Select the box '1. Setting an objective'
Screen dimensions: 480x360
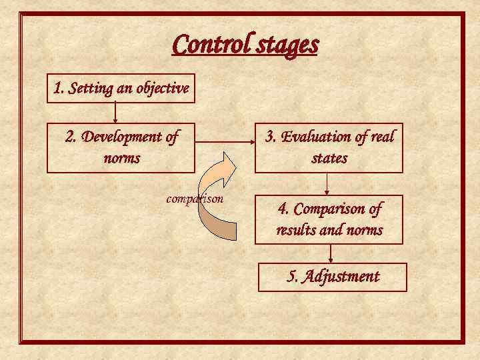tap(121, 88)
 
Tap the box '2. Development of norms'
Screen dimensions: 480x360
tap(121, 147)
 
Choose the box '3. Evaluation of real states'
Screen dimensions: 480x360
tap(329, 147)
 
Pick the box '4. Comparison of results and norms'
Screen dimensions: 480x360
tap(329, 219)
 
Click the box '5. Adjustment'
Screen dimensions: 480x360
tap(332, 277)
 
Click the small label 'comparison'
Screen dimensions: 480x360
tap(195, 199)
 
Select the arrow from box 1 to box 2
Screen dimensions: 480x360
tap(116, 113)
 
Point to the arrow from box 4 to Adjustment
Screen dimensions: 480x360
tap(331, 253)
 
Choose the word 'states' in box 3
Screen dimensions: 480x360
tap(329, 159)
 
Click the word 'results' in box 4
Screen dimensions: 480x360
tap(299, 231)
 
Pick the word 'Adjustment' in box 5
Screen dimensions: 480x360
tap(341, 277)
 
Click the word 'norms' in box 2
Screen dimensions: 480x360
tap(121, 159)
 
